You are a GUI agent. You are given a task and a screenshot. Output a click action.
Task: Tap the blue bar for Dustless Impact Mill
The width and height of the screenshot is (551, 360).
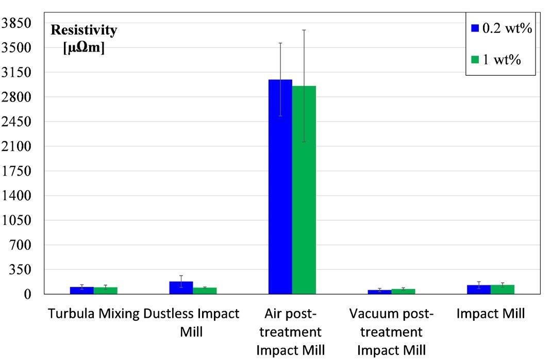[181, 287]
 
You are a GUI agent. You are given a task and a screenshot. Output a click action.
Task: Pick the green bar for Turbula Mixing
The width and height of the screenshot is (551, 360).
[105, 290]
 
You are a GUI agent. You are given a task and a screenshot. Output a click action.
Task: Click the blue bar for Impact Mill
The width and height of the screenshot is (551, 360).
[479, 289]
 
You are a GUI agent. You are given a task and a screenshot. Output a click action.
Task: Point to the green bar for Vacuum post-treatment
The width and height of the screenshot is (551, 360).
[403, 292]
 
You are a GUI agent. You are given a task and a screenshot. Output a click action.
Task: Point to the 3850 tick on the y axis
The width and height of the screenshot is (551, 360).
[17, 23]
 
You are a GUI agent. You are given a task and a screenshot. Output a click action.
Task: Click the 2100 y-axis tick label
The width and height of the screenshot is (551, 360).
[17, 147]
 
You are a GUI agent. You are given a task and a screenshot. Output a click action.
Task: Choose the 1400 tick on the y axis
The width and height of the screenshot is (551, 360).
[17, 196]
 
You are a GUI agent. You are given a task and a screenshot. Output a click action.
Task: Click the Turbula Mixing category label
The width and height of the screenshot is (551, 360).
[94, 314]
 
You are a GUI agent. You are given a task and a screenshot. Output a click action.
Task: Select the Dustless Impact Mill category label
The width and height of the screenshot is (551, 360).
[191, 322]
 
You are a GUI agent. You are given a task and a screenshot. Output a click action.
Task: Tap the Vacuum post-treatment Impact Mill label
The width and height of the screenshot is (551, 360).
[391, 332]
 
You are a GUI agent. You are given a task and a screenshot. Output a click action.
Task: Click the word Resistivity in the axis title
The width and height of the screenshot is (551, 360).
[84, 30]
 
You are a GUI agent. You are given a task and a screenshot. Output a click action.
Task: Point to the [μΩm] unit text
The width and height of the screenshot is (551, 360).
[84, 49]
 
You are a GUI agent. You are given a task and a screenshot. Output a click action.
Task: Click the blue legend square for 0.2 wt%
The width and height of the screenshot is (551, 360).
[475, 28]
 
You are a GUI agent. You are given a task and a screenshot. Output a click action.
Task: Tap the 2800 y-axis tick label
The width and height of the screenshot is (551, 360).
[17, 97]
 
